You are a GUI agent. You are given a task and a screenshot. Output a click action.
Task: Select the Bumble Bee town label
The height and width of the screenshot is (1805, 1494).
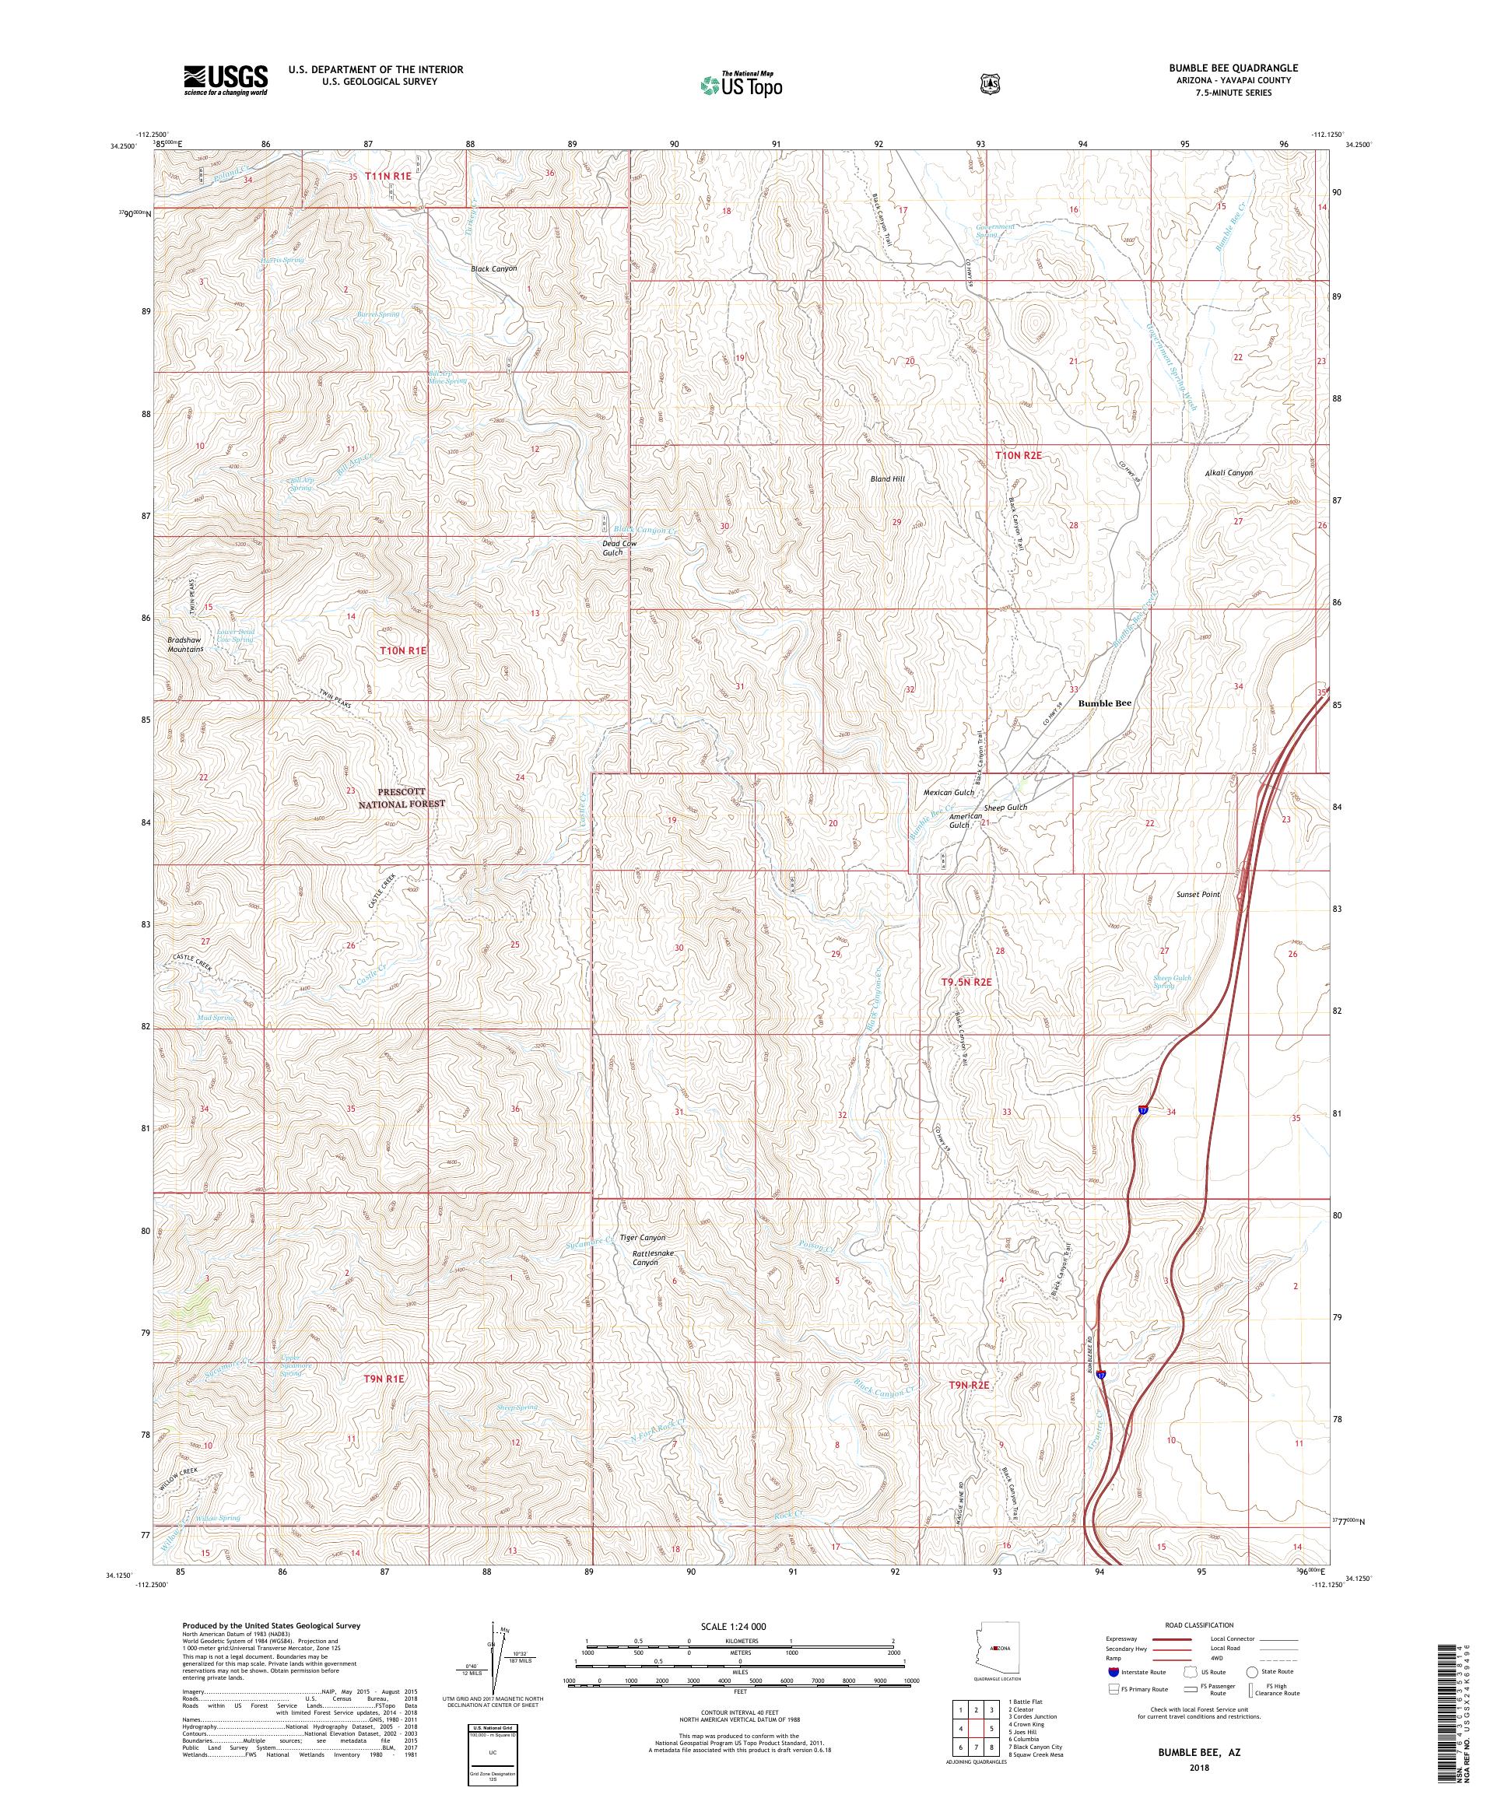pyautogui.click(x=1105, y=703)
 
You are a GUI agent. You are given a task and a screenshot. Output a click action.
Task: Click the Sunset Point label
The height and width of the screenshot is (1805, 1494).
pyautogui.click(x=1198, y=894)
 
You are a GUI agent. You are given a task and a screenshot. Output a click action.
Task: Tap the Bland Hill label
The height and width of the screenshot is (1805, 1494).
pyautogui.click(x=886, y=478)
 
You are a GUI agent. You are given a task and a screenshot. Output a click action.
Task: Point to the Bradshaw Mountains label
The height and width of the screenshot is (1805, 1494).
pyautogui.click(x=186, y=645)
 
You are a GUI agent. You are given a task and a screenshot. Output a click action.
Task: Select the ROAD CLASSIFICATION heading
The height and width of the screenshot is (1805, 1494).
pyautogui.click(x=1198, y=1625)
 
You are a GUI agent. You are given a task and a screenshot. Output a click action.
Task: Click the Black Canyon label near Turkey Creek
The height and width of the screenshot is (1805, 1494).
pyautogui.click(x=493, y=269)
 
